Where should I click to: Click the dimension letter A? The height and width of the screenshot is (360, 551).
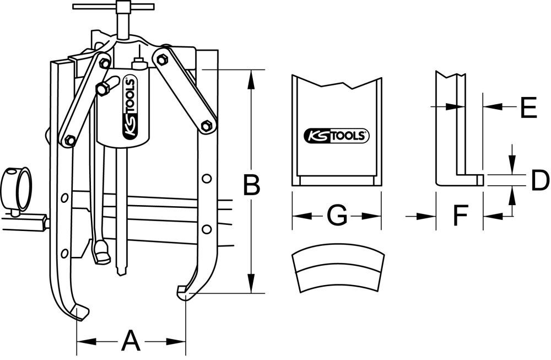tap(131, 341)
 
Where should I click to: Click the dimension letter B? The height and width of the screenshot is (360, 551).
tap(251, 185)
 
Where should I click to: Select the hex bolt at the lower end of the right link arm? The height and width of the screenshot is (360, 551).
tap(207, 126)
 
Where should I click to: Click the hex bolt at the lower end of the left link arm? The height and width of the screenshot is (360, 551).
tap(70, 140)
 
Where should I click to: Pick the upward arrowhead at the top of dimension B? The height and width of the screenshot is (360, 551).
tap(251, 77)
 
